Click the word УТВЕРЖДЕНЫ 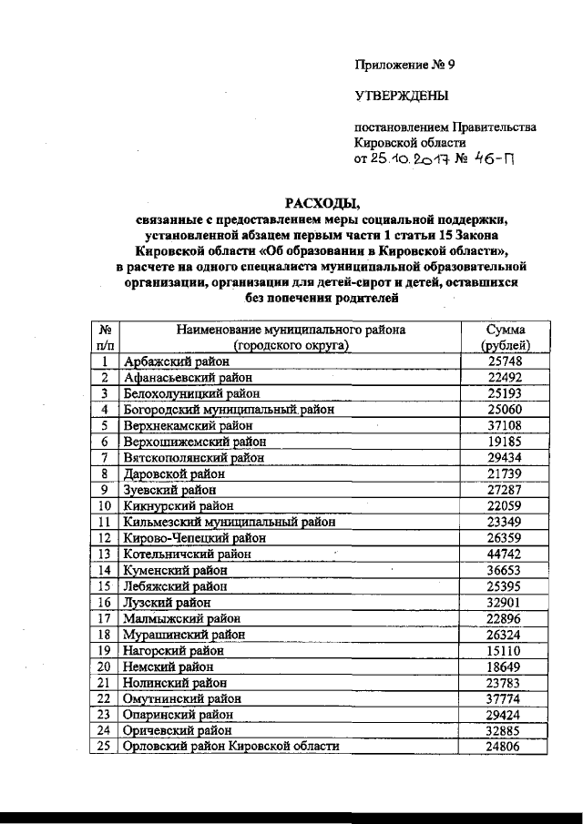click(x=400, y=95)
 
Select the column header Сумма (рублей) click(x=504, y=337)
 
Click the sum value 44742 click(x=504, y=554)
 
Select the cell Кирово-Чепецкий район click(x=194, y=537)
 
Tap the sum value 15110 click(x=504, y=650)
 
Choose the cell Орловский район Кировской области click(x=231, y=747)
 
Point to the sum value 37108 click(x=504, y=425)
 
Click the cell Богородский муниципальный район click(x=229, y=410)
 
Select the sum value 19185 click(x=504, y=442)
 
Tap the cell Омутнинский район click(x=183, y=698)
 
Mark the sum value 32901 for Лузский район click(x=504, y=602)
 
